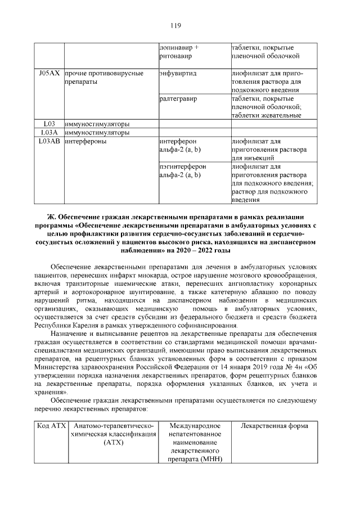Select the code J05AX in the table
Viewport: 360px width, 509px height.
pyautogui.click(x=49, y=74)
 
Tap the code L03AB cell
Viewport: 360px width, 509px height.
pyautogui.click(x=49, y=141)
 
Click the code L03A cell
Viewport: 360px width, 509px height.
pyautogui.click(x=49, y=133)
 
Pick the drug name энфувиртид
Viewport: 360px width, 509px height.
pyautogui.click(x=178, y=74)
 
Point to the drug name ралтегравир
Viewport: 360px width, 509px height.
pyautogui.click(x=178, y=99)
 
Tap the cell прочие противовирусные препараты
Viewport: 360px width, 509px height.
pyautogui.click(x=103, y=78)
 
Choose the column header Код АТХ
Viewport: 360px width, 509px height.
pyautogui.click(x=49, y=426)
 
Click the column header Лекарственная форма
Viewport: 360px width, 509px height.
pyautogui.click(x=274, y=426)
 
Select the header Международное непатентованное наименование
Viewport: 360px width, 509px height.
pyautogui.click(x=195, y=442)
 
